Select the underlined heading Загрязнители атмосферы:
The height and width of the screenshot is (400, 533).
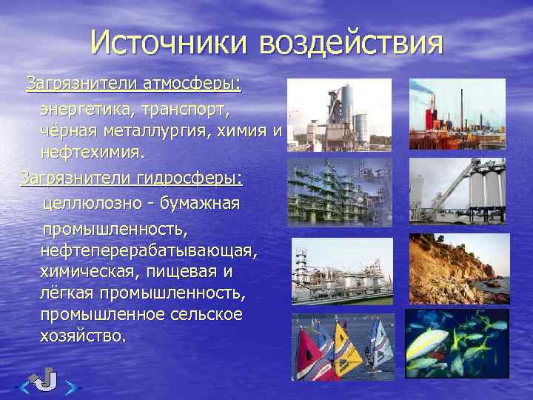tap(134, 83)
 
